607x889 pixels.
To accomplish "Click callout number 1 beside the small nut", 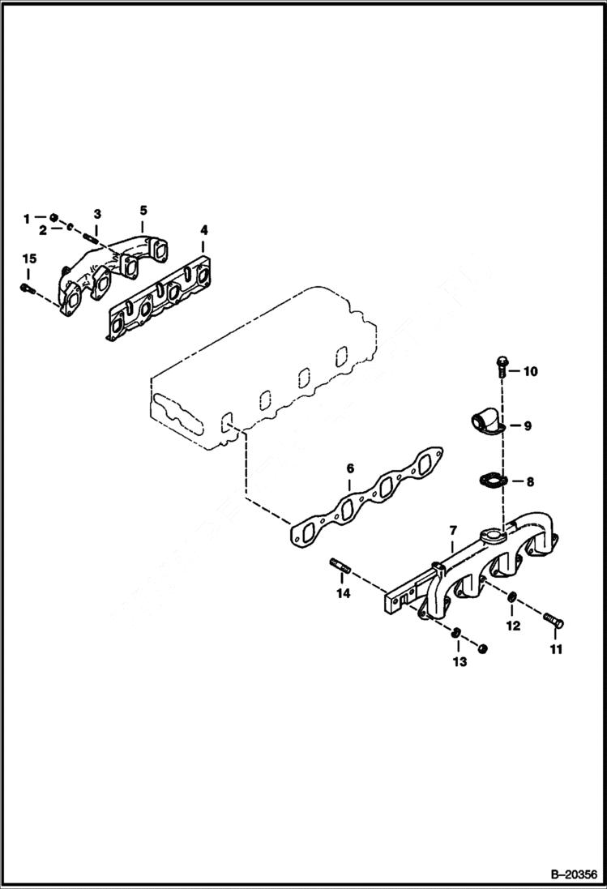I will point(26,218).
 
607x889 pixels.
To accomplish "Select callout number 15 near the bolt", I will point(29,259).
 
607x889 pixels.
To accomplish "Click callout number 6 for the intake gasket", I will point(350,468).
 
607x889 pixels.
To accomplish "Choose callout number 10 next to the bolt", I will point(529,372).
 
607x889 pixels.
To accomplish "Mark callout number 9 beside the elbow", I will point(527,425).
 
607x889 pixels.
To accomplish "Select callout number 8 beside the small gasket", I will point(530,481).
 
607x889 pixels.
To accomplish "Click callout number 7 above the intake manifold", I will point(451,531).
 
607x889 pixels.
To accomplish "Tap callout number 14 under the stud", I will point(343,594).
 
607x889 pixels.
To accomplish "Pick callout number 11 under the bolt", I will point(556,649).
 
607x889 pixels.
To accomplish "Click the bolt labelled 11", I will point(553,621).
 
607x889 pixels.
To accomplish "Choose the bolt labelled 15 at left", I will point(27,287).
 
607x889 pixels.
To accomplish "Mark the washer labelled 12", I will point(512,598).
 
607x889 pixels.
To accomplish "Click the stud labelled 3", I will point(90,236).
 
